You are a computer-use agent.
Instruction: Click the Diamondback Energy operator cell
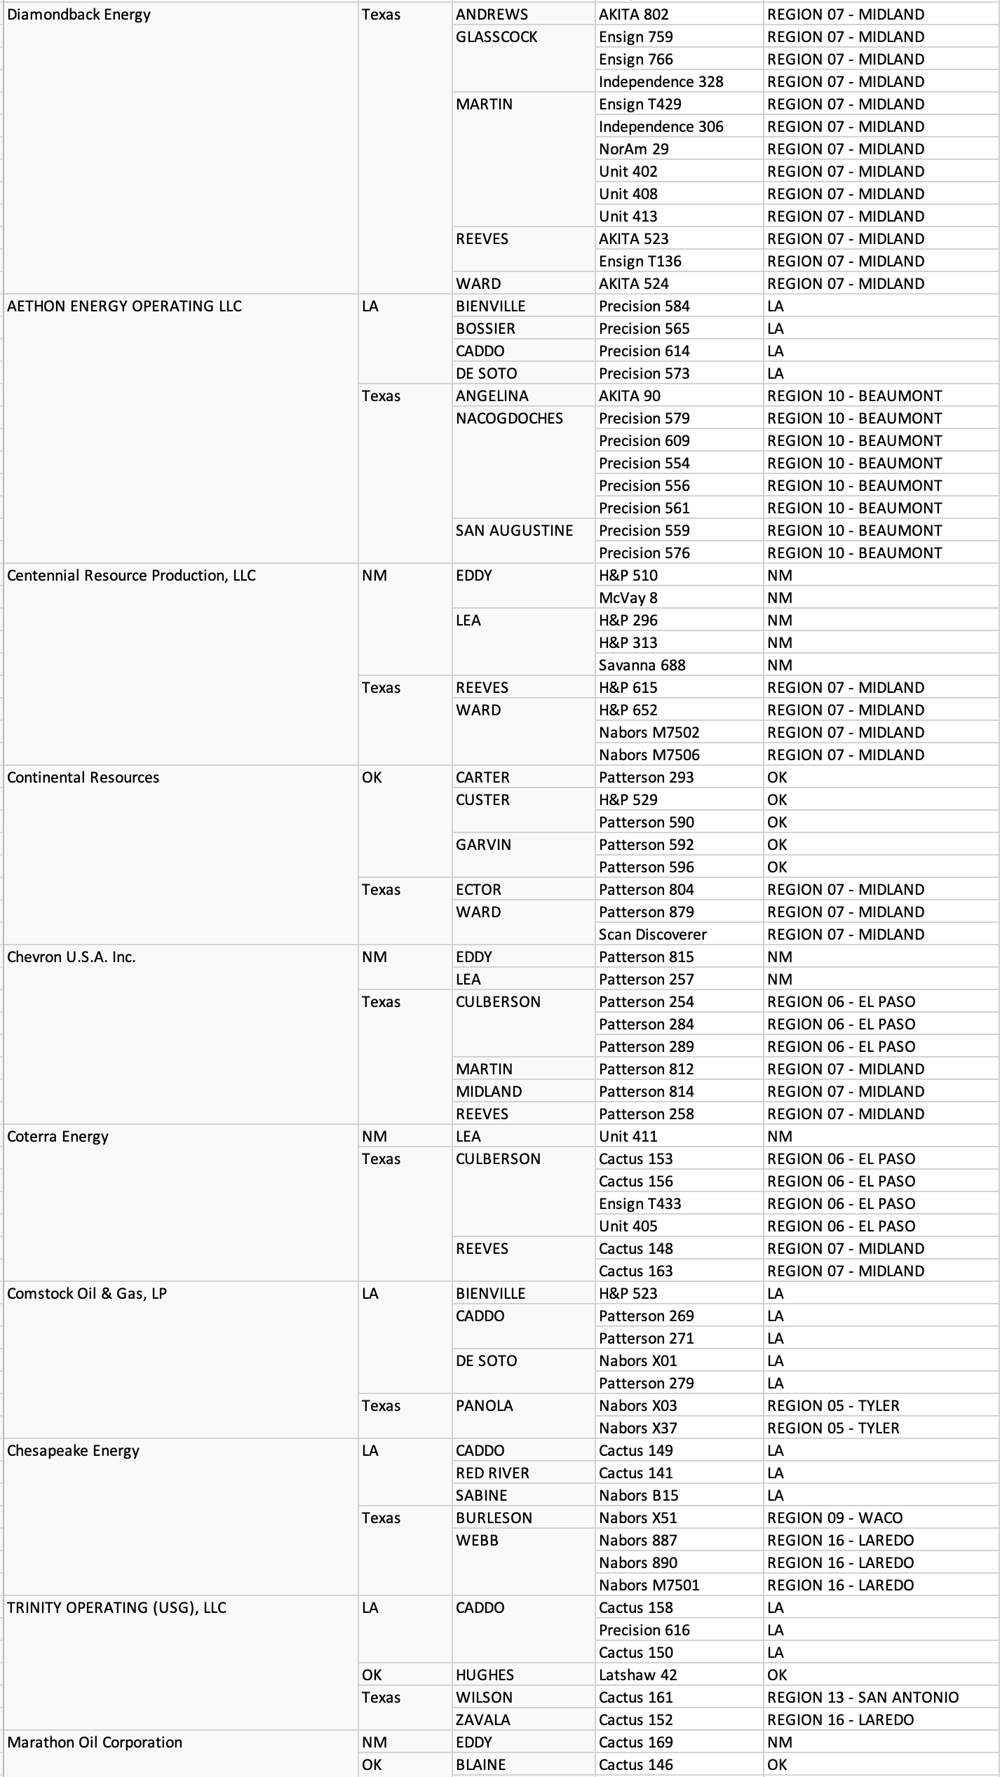coord(79,15)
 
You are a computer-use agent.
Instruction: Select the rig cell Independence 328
coord(661,82)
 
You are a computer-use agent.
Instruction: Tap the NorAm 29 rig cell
coord(633,149)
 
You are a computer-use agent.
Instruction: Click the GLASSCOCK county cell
coord(496,37)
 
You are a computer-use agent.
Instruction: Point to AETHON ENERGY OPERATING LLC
coord(124,306)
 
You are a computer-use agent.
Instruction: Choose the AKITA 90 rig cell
coord(629,396)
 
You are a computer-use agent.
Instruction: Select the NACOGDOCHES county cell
coord(509,419)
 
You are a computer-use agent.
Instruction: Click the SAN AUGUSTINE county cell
coord(514,531)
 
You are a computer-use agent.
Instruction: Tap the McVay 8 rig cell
coord(628,598)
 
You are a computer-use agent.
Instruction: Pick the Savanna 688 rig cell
coord(642,665)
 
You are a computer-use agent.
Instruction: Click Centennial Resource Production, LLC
coord(131,576)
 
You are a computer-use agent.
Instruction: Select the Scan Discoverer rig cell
coord(652,935)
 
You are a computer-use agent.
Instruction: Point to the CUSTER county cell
coord(482,800)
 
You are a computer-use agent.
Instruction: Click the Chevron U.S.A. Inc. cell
coord(71,957)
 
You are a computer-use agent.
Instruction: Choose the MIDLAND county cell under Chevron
coord(488,1092)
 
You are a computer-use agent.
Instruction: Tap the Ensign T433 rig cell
coord(640,1204)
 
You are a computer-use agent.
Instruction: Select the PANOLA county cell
coord(484,1406)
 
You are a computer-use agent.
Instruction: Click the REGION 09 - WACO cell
coord(835,1518)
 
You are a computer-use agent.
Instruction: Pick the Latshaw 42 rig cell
coord(637,1675)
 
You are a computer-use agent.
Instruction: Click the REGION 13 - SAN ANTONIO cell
coord(863,1698)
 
